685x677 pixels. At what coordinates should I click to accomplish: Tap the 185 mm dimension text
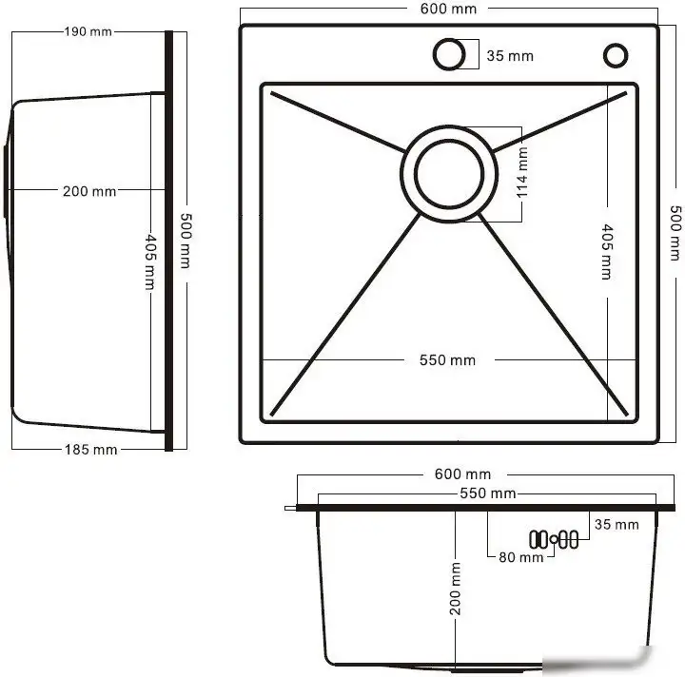pyautogui.click(x=93, y=449)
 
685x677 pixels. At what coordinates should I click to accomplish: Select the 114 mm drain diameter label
pyautogui.click(x=522, y=173)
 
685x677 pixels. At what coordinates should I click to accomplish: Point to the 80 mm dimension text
pyautogui.click(x=520, y=557)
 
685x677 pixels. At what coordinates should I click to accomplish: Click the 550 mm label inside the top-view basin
pyautogui.click(x=447, y=360)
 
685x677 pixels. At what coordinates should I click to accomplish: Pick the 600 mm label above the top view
pyautogui.click(x=448, y=9)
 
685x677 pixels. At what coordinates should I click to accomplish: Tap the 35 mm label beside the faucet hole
pyautogui.click(x=510, y=56)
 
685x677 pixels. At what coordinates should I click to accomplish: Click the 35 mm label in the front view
pyautogui.click(x=616, y=525)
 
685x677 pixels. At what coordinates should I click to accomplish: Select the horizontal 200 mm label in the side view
pyautogui.click(x=89, y=191)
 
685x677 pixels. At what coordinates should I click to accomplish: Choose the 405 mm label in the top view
pyautogui.click(x=606, y=251)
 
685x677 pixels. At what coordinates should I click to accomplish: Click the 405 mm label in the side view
pyautogui.click(x=149, y=261)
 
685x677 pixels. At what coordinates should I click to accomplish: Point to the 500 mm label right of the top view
pyautogui.click(x=675, y=233)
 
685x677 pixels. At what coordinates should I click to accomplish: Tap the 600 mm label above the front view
pyautogui.click(x=463, y=474)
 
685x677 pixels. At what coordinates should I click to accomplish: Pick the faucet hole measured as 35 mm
pyautogui.click(x=447, y=54)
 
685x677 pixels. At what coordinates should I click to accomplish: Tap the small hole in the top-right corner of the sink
pyautogui.click(x=616, y=55)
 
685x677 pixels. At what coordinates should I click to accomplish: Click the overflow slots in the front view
pyautogui.click(x=553, y=539)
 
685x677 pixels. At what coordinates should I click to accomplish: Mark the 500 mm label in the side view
pyautogui.click(x=184, y=238)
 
